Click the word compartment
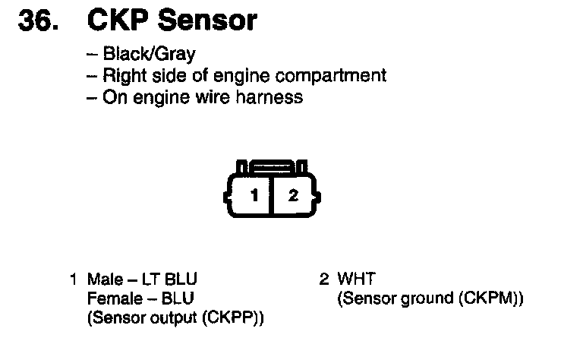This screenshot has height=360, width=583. [338, 76]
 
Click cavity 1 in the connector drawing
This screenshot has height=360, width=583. [255, 195]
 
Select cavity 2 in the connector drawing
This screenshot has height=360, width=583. [294, 195]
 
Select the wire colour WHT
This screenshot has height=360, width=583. [357, 279]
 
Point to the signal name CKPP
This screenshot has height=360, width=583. [241, 318]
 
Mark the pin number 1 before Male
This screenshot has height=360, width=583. [74, 279]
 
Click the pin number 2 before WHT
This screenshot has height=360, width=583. [323, 279]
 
